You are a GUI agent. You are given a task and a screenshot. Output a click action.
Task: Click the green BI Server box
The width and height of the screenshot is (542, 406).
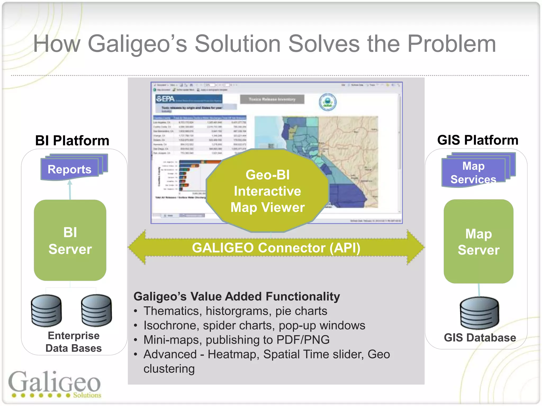pos(70,240)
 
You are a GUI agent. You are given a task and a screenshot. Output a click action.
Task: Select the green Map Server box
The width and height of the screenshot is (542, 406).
pos(478,241)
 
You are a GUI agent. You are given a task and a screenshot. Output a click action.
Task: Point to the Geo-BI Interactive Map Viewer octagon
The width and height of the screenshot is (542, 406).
pos(267,191)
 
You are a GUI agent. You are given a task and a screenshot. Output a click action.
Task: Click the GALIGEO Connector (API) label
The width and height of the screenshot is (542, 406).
pos(276,248)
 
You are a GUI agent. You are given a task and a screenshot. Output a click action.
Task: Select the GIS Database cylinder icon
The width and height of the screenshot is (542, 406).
pos(479,313)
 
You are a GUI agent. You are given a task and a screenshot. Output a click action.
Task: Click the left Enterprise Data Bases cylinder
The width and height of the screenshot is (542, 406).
pos(47,311)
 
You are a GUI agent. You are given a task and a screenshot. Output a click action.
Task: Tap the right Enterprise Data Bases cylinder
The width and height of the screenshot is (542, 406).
pos(97,311)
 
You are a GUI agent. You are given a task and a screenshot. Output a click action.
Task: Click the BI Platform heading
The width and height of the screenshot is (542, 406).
pos(72,140)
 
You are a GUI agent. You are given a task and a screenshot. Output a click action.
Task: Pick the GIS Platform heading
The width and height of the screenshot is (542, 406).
pos(477,140)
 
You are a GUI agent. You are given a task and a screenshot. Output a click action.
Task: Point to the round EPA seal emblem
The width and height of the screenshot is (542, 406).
pos(327,102)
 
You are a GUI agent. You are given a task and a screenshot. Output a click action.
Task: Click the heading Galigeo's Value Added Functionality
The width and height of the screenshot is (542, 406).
pos(237,296)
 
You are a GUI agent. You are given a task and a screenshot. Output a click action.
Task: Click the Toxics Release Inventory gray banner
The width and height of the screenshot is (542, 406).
pos(272,99)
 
